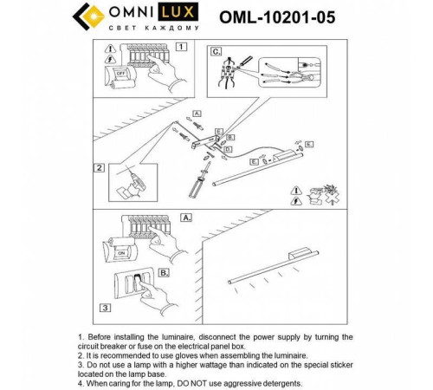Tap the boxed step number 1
180,48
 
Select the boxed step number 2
100,168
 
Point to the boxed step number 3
104,307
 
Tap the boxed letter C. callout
216,52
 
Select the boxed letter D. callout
227,149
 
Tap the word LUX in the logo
188,12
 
